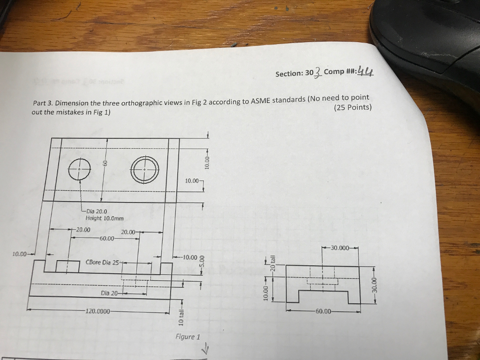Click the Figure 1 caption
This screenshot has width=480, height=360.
coord(187,337)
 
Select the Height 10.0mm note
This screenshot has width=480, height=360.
coord(105,218)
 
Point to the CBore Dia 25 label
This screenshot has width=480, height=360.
coord(103,262)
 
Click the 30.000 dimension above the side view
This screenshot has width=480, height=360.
coord(339,247)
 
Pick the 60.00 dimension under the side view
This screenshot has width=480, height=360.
coord(323,311)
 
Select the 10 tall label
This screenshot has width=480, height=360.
coord(182,318)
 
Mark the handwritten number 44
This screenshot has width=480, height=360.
coord(366,71)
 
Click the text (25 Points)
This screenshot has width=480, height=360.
coord(352,107)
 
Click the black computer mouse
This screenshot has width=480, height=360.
coord(427,37)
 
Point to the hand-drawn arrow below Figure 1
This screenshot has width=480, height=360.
coord(204,349)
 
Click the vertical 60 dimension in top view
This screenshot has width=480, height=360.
coord(106,163)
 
